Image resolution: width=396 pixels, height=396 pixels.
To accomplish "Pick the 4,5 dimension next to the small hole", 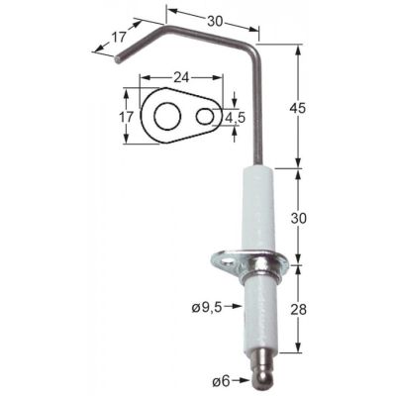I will [x=236, y=117].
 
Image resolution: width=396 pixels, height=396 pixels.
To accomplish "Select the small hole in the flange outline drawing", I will [x=204, y=116].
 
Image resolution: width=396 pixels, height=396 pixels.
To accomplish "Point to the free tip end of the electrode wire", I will [x=118, y=59].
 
